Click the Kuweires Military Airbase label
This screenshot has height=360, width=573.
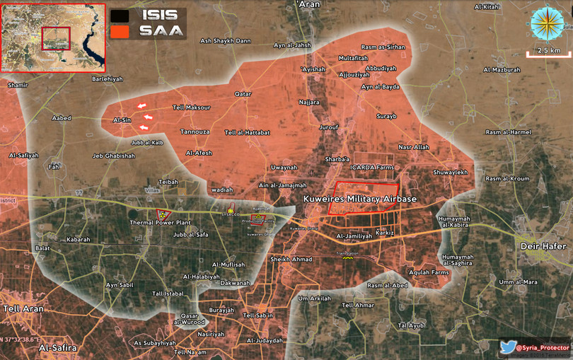[x=359, y=200]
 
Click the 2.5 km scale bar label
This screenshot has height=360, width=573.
[x=549, y=51]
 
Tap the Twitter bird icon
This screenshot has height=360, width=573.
[x=507, y=347]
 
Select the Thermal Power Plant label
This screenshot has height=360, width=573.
[x=160, y=223]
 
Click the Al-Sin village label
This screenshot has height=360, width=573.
[x=122, y=120]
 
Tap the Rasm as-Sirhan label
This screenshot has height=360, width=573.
[x=383, y=46]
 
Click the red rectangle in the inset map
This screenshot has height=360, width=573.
[x=56, y=38]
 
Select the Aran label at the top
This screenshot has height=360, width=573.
[x=310, y=4]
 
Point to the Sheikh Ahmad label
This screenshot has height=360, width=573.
[x=291, y=259]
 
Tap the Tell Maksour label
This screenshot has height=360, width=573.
[x=191, y=108]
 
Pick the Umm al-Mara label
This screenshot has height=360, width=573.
[x=518, y=281]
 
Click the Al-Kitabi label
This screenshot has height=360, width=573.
[x=487, y=7]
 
